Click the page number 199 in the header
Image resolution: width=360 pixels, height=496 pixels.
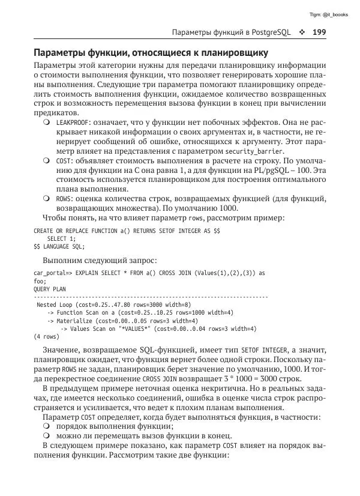tap(318, 32)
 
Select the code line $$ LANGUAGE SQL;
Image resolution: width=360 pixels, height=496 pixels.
tap(59, 246)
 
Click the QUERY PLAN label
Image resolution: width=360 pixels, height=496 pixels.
tap(50, 289)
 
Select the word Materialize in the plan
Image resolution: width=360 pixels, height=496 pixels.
tap(75, 321)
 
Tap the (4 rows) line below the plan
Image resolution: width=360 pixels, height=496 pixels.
tap(46, 337)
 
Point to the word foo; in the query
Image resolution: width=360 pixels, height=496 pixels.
tap(40, 280)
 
